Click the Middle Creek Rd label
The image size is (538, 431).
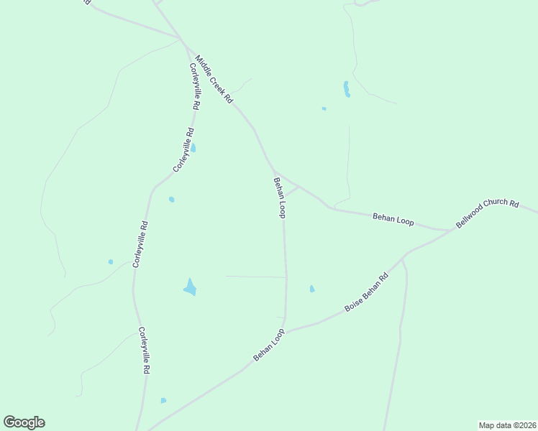point(214,80)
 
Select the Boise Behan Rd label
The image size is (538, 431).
point(366,292)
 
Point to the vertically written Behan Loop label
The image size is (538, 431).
point(280,198)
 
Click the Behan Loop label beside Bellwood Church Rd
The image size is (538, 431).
point(393,219)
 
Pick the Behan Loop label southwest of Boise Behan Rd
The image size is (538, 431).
point(269,345)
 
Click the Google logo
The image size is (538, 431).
point(24,422)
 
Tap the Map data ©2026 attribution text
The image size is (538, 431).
point(507,425)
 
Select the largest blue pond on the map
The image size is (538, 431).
point(190,287)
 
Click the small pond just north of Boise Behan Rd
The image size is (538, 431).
point(311,289)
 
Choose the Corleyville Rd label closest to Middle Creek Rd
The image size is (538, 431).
point(194,85)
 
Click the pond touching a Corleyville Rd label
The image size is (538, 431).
point(193,148)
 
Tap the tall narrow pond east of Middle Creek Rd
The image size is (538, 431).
point(347,89)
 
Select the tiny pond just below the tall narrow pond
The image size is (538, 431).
point(324,108)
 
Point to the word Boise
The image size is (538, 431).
point(352,302)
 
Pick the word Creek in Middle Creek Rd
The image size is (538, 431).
point(215,80)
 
